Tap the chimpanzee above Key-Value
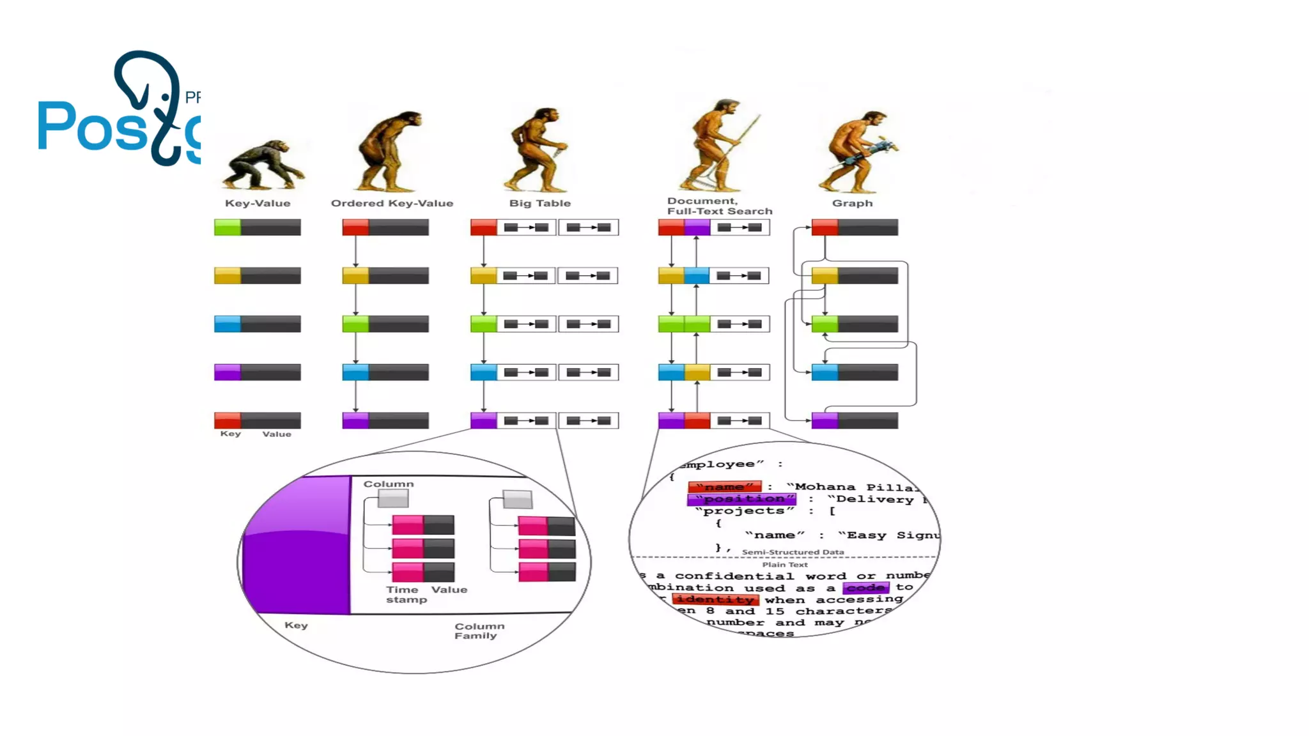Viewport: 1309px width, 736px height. pos(263,165)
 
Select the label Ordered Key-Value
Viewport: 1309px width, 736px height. pos(392,203)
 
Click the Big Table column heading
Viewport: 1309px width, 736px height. pos(539,203)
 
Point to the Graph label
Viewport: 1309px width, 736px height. pos(852,203)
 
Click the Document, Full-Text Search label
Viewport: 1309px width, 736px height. pos(719,206)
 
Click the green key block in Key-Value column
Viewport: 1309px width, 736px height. pos(228,227)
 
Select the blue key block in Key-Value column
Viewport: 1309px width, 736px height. pos(228,324)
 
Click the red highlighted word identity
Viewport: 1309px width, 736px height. pos(715,599)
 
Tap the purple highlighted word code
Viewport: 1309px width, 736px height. pos(865,588)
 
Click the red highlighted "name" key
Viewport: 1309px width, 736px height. pos(724,487)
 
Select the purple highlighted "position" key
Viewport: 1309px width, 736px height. pos(741,499)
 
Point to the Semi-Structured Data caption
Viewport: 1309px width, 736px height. pos(793,552)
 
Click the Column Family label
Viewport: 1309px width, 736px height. pos(479,631)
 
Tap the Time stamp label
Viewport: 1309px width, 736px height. pos(405,594)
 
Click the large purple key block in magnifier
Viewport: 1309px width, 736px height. pos(297,549)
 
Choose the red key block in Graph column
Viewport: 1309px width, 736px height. pos(825,227)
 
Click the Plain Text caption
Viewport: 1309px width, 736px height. pos(784,565)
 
